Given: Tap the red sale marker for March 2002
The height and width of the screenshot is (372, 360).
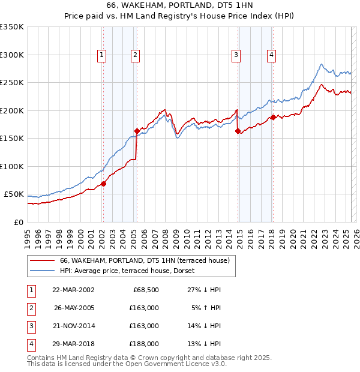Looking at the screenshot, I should (x=103, y=184).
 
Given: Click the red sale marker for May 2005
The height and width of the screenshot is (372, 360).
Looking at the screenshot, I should (x=137, y=131).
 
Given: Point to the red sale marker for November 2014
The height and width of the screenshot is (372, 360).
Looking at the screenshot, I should (x=238, y=131).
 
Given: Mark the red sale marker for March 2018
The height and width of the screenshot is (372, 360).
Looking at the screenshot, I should (x=273, y=117).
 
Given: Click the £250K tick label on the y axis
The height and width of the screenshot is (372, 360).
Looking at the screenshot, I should (x=11, y=83).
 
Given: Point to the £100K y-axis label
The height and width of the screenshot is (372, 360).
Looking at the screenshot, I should (x=11, y=166).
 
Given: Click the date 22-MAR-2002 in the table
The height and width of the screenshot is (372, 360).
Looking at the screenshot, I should (x=73, y=290).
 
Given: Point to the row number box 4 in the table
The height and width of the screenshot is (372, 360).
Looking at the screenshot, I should (x=30, y=344).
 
